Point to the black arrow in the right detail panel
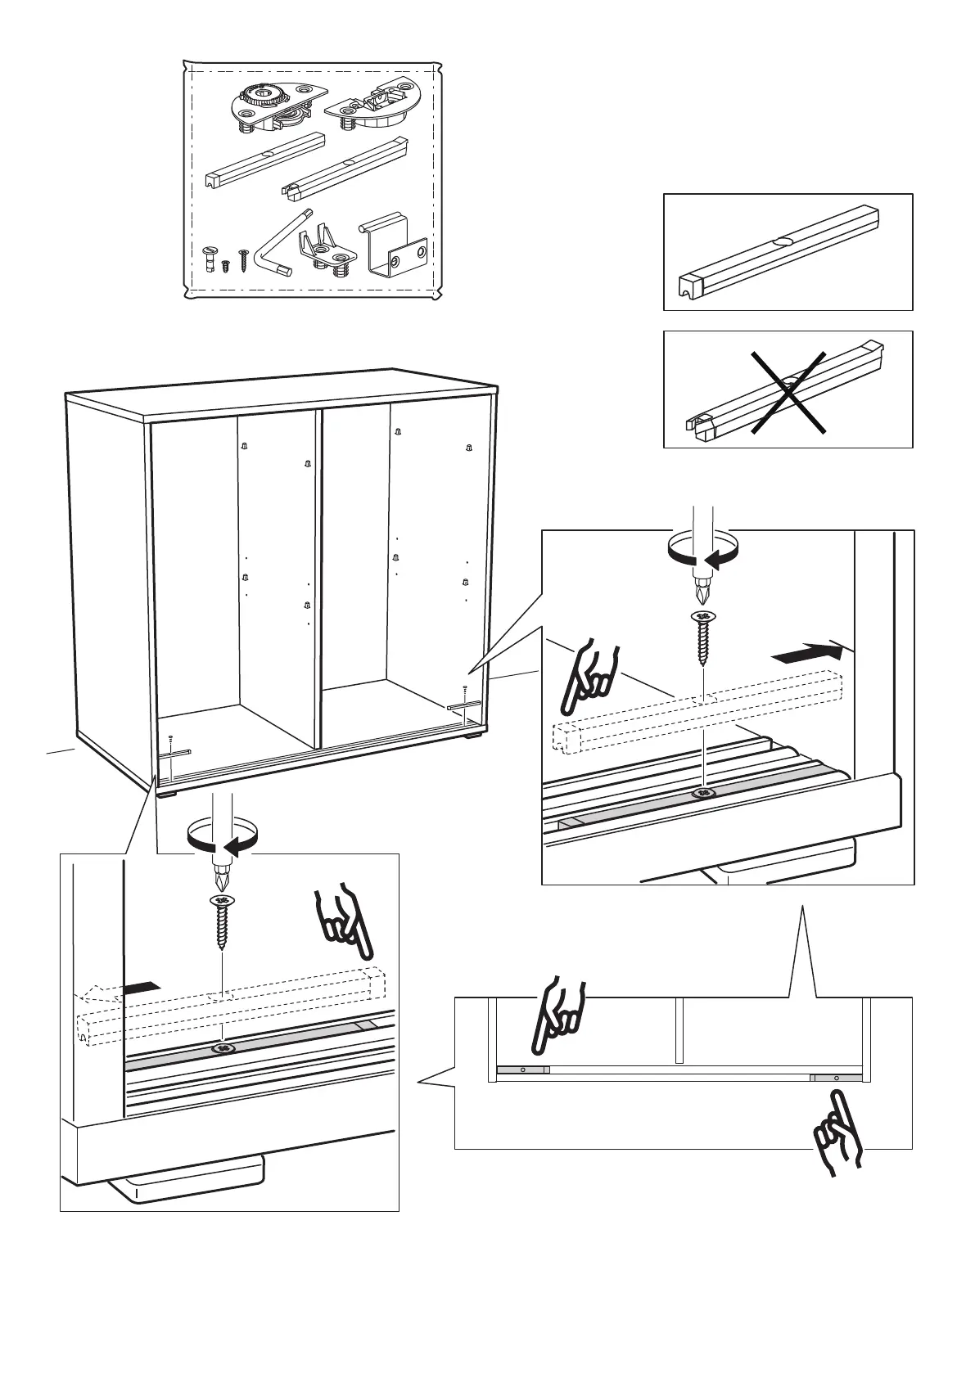point(807,653)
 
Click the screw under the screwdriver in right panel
point(702,639)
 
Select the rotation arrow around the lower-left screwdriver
point(222,840)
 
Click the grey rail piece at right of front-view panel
point(835,1079)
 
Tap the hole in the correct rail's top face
point(782,242)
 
